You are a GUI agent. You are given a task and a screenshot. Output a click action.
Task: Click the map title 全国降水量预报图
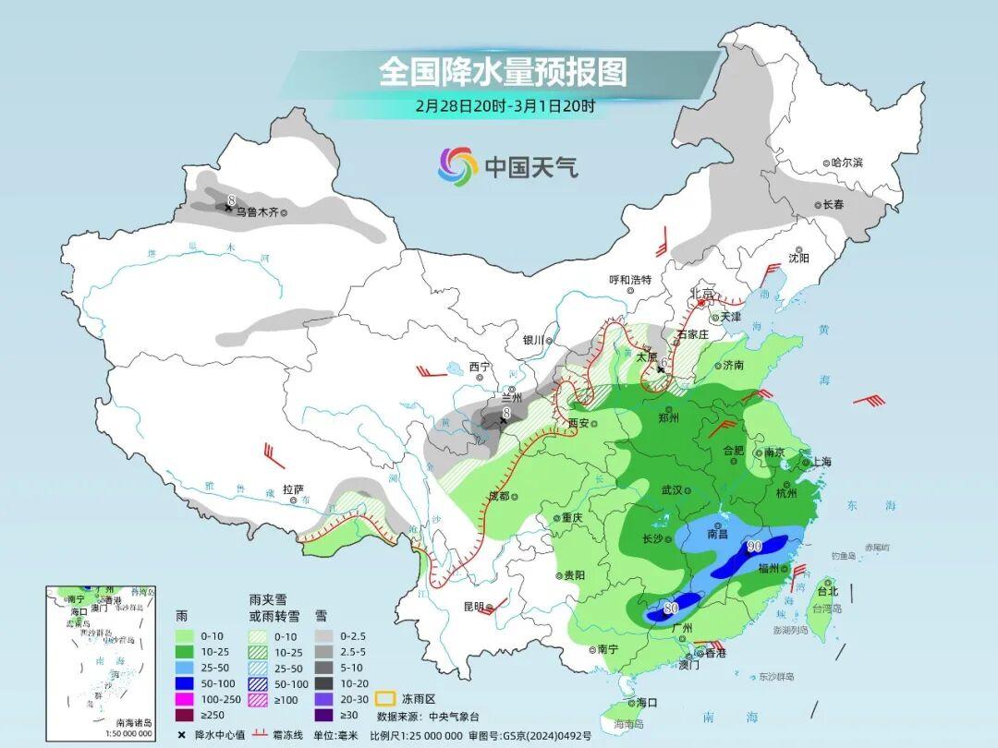pos(503,72)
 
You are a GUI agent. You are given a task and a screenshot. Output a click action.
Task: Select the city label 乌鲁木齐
pos(255,211)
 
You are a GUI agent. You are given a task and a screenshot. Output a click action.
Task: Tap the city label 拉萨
pos(293,489)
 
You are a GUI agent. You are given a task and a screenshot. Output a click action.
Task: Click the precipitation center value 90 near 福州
pos(754,548)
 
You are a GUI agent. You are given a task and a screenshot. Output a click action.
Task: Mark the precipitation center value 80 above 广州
pos(671,609)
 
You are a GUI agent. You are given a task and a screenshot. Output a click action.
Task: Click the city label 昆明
pos(473,607)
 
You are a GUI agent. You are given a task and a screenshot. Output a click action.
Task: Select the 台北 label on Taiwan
pos(827,591)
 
